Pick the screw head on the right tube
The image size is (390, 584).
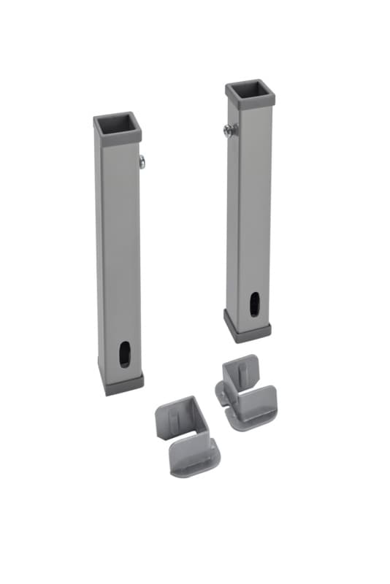[229, 131]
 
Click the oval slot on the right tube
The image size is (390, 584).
[253, 302]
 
